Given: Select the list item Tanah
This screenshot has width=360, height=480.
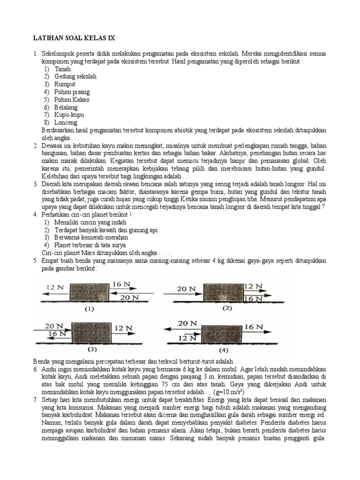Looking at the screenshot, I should (x=63, y=69).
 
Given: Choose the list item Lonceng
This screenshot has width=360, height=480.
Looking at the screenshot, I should (x=66, y=122).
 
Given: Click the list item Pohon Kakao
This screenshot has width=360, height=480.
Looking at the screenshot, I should (x=72, y=99).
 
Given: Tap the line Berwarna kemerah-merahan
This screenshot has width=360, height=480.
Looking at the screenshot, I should (x=84, y=237).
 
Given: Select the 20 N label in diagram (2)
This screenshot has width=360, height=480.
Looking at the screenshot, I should (x=186, y=289).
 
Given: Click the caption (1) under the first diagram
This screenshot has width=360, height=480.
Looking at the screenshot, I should (x=89, y=309).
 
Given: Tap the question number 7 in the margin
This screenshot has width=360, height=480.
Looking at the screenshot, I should (x=36, y=399).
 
